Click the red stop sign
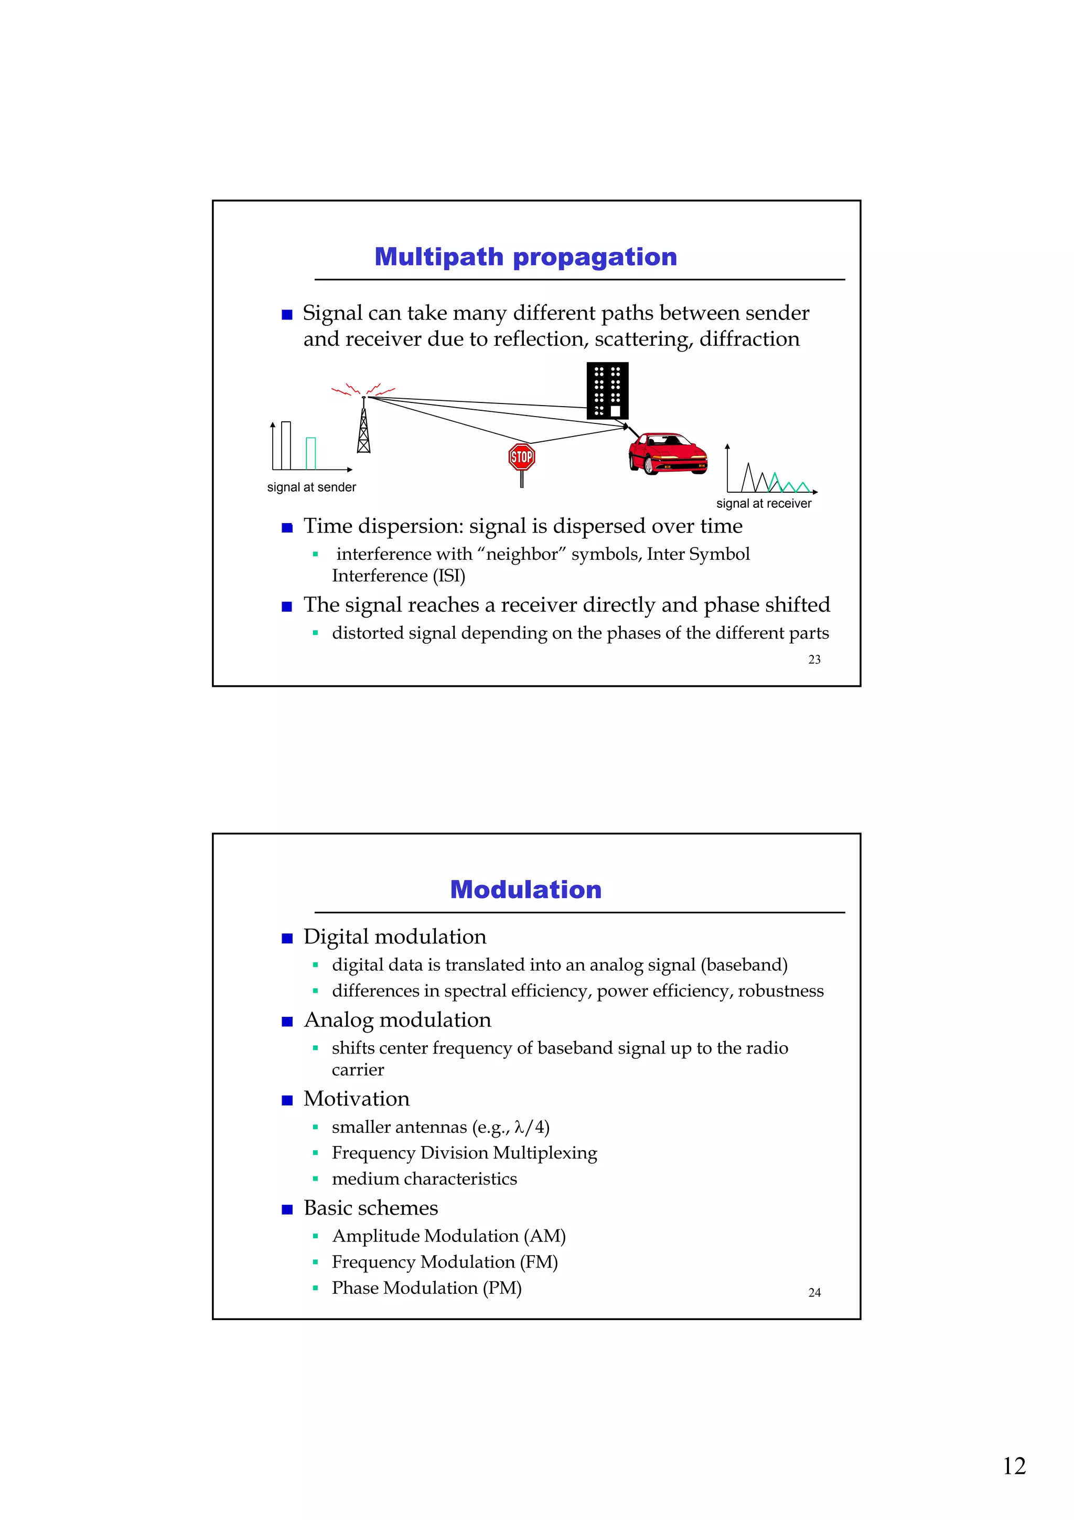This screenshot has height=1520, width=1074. click(x=521, y=457)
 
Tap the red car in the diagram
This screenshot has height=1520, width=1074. click(x=667, y=454)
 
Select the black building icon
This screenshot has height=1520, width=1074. click(x=607, y=390)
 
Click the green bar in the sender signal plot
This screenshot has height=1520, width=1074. click(x=310, y=453)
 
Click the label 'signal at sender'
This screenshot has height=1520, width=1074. click(x=311, y=487)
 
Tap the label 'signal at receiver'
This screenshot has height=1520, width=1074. click(x=763, y=503)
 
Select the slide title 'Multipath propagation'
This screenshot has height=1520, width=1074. click(x=525, y=257)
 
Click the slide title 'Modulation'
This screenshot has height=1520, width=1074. click(x=525, y=889)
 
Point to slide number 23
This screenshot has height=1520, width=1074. click(x=814, y=660)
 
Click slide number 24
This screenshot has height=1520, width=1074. click(x=814, y=1292)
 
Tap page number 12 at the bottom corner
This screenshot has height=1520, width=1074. click(x=1014, y=1466)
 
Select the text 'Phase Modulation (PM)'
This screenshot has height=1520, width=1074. click(x=426, y=1288)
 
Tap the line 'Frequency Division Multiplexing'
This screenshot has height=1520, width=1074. click(x=464, y=1153)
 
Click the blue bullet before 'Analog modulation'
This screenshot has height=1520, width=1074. click(x=286, y=1022)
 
